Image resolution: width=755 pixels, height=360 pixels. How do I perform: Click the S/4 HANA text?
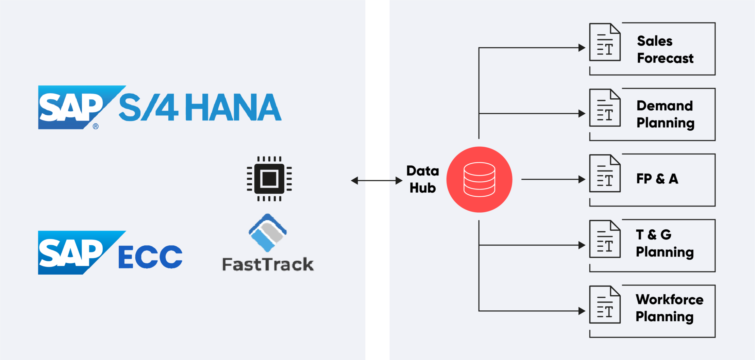(200, 108)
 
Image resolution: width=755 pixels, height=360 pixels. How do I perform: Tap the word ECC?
(150, 257)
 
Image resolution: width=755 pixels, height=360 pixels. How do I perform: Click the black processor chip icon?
(269, 179)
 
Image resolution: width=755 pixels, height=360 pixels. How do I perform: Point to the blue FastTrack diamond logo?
(268, 233)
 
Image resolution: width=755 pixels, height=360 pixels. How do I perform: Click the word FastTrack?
(268, 264)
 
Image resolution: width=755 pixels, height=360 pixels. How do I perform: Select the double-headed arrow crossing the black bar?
(376, 180)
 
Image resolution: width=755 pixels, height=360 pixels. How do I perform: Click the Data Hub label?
(422, 179)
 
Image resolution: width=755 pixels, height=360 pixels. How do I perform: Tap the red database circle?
(479, 179)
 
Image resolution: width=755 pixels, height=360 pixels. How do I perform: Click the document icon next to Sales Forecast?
(605, 42)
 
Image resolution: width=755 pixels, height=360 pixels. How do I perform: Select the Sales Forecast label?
(665, 49)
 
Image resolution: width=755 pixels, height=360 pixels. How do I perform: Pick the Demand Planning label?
(665, 114)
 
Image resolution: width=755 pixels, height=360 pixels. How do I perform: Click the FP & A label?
(657, 179)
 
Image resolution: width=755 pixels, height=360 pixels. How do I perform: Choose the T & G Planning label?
(665, 243)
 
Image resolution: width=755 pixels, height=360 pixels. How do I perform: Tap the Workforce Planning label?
(669, 308)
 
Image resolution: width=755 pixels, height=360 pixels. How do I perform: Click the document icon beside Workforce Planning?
(605, 305)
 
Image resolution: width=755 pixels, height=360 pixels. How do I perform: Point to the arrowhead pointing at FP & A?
(582, 179)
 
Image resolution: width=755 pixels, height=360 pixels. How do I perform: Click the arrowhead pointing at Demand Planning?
(582, 113)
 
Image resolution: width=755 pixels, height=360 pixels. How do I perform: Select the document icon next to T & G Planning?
(605, 239)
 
